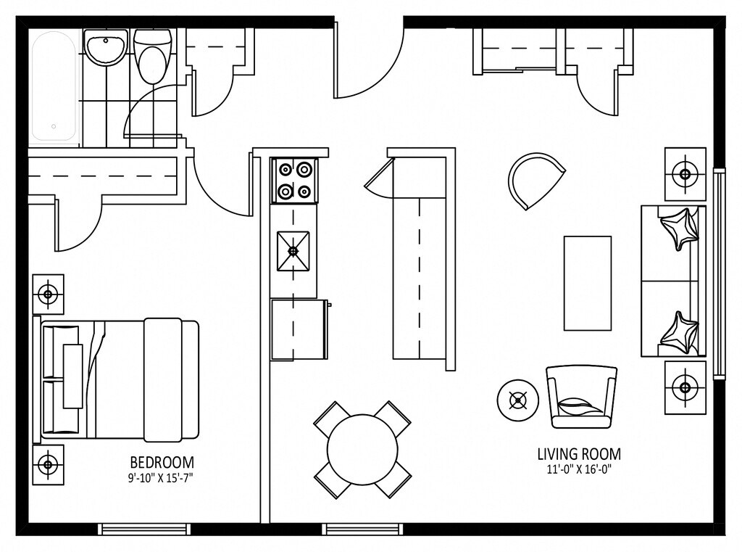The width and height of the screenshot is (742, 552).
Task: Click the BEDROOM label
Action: [x=162, y=462]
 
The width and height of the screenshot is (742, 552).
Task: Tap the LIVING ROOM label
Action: [x=578, y=455]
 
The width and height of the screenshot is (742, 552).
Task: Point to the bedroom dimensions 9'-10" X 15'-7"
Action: [x=162, y=477]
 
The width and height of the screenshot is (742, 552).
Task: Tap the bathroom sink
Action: [x=106, y=49]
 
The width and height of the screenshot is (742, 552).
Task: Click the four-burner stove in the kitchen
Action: [x=294, y=180]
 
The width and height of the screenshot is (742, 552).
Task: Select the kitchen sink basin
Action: [x=293, y=251]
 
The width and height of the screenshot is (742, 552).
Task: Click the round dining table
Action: [x=362, y=449]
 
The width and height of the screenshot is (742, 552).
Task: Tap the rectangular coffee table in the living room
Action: [x=588, y=283]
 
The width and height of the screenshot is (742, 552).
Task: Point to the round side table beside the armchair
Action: [x=517, y=400]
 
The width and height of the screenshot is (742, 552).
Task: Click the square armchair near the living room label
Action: [x=581, y=397]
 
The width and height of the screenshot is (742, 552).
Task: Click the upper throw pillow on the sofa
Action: [x=680, y=228]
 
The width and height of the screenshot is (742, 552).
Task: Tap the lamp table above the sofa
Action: [x=685, y=174]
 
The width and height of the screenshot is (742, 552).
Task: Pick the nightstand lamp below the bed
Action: [x=48, y=464]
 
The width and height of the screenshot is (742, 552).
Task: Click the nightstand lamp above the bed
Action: [x=48, y=294]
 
